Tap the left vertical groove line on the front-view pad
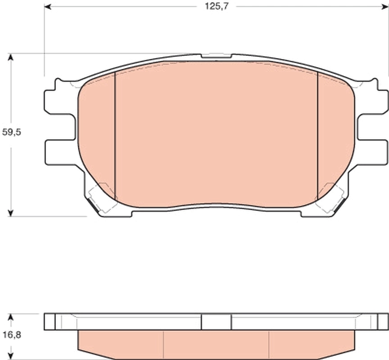pyautogui.click(x=115, y=135)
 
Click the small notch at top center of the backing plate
pyautogui.click(x=217, y=56)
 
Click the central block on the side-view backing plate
pyautogui.click(x=216, y=321)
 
